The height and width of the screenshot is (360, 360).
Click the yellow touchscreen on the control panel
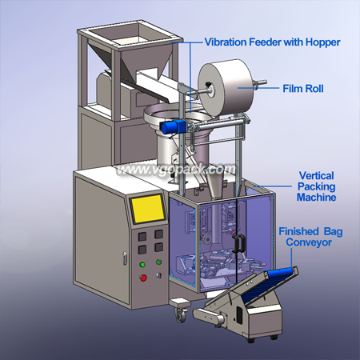(148, 209)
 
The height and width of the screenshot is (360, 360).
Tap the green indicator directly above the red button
(142, 265)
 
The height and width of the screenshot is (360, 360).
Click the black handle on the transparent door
(238, 243)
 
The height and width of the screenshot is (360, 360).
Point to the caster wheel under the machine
(181, 315)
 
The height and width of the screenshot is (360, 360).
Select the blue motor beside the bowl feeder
(174, 126)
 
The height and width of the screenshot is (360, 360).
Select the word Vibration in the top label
(226, 42)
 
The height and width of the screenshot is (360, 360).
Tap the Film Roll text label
(303, 89)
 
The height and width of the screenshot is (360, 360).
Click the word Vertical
(316, 176)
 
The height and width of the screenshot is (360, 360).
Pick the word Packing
(316, 186)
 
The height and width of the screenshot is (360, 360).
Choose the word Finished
(298, 231)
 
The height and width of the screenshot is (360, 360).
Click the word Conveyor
(309, 242)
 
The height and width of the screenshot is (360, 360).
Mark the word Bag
(333, 232)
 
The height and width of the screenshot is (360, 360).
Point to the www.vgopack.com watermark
(176, 170)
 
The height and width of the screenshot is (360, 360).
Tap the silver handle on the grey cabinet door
(125, 258)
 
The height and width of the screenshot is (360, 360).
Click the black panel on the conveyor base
(239, 315)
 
